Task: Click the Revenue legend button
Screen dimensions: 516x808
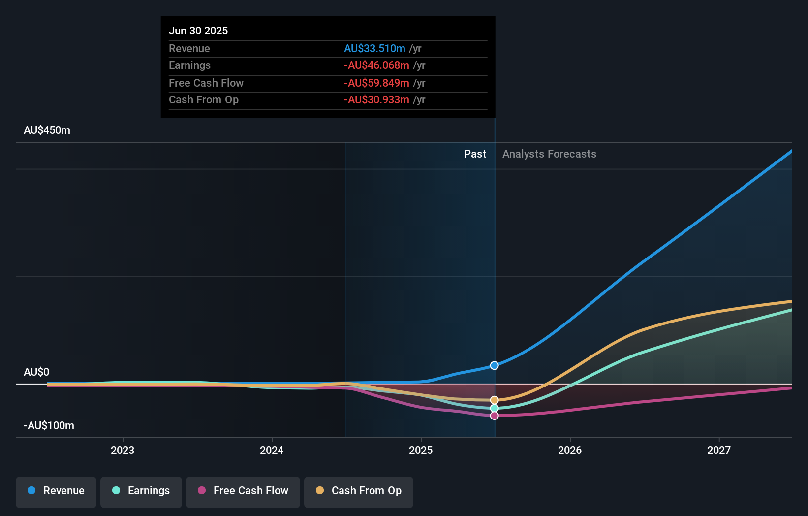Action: [x=56, y=491]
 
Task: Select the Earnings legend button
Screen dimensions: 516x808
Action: [x=141, y=491]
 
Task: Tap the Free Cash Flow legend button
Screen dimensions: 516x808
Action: [x=243, y=491]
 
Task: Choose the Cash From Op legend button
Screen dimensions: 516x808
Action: [x=359, y=491]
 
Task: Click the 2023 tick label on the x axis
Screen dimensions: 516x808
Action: [x=123, y=450]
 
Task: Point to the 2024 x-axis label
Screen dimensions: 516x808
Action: [x=272, y=450]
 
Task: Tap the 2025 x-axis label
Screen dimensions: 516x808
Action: [x=421, y=450]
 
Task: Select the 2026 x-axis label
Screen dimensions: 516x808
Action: [x=570, y=450]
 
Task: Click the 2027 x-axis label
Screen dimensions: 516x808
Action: [x=719, y=450]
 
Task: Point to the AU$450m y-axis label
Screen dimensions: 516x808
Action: [x=47, y=130]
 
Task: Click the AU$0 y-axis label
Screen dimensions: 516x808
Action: [x=36, y=372]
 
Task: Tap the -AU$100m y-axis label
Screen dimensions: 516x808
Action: [x=49, y=426]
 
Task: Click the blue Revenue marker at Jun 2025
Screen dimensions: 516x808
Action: [x=495, y=365]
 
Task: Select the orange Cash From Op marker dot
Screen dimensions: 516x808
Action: [x=495, y=400]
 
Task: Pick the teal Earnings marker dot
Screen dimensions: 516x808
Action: [x=495, y=408]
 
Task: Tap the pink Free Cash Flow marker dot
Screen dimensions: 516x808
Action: [x=495, y=416]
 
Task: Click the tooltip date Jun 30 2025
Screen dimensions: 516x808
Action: [x=198, y=31]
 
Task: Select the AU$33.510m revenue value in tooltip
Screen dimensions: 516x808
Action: [x=374, y=49]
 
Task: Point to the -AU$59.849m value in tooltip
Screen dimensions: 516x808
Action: [x=376, y=83]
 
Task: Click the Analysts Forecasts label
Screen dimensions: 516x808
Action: [x=549, y=154]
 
